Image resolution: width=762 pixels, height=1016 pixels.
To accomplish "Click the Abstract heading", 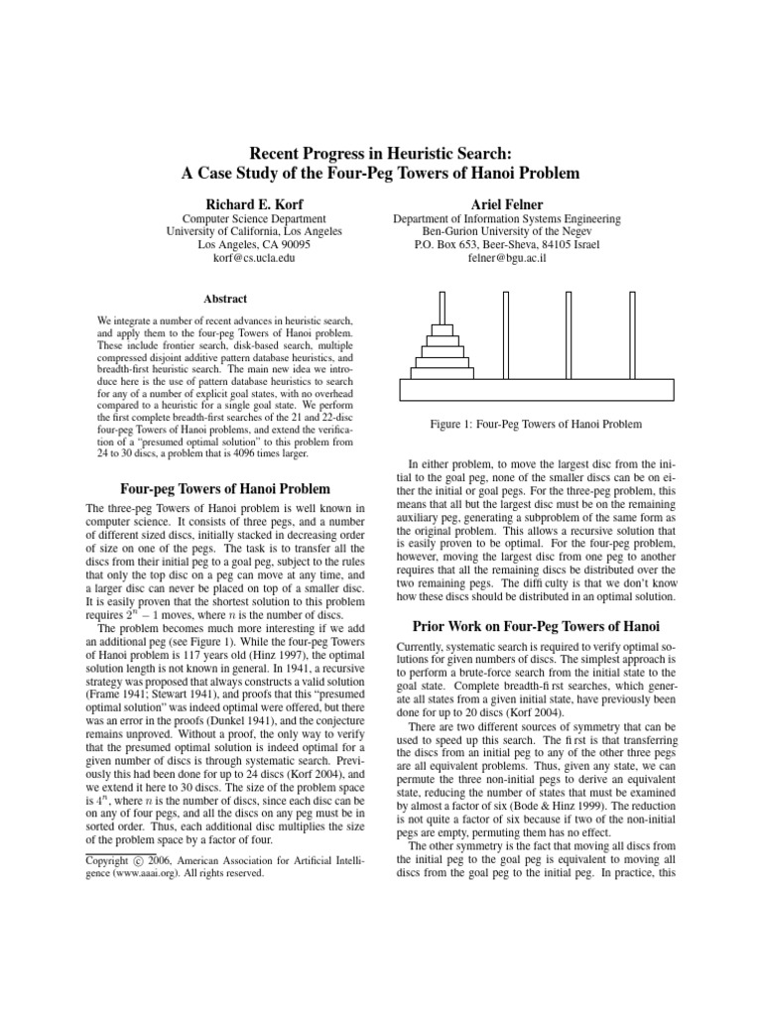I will (x=226, y=299).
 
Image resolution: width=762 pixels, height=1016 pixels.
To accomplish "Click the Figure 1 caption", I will (x=536, y=424).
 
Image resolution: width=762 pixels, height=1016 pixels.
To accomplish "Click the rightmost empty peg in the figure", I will (x=631, y=334).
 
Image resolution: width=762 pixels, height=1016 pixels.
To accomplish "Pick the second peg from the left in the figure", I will (x=506, y=334).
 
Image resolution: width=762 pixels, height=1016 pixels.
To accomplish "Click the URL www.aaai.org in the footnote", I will (x=124, y=876).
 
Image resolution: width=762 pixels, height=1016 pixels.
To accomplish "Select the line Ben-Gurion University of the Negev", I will (x=507, y=231).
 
